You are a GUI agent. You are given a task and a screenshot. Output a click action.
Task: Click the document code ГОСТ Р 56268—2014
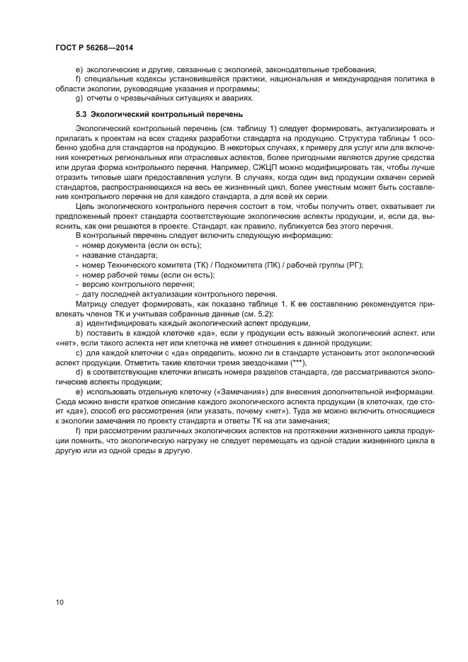point(94,47)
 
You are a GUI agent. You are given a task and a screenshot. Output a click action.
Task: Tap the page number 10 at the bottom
point(60,602)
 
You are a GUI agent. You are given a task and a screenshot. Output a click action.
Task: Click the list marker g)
point(79,98)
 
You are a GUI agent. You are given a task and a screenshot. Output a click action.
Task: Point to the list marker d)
point(79,372)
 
